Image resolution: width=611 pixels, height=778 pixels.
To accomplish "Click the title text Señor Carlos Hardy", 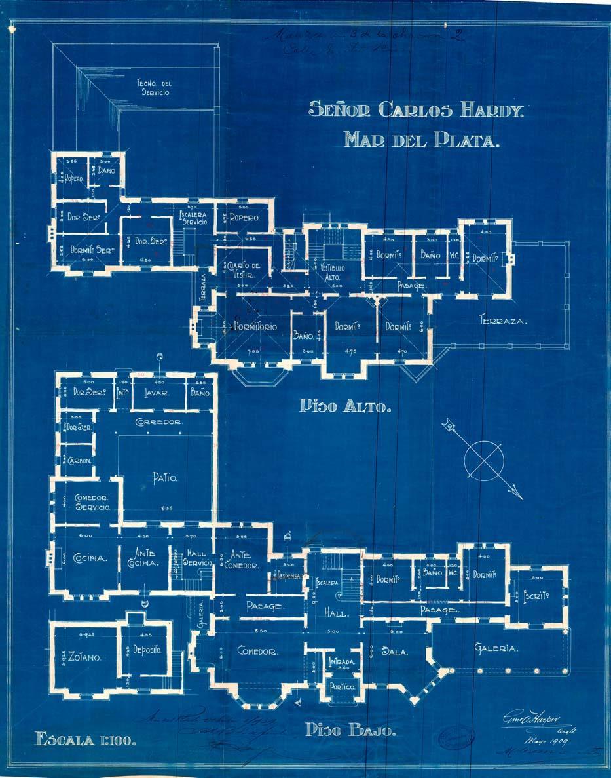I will click(x=417, y=110).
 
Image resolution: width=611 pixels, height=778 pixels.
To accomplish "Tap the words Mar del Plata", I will click(x=420, y=140).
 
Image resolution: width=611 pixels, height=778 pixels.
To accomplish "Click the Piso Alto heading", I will click(x=345, y=406).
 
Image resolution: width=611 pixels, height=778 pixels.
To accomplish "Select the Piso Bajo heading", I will click(x=350, y=729).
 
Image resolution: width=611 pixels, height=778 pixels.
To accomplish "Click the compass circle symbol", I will click(x=485, y=457).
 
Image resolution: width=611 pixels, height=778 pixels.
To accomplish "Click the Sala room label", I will click(x=395, y=652).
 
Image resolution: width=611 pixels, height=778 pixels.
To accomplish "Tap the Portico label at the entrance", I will click(x=342, y=687).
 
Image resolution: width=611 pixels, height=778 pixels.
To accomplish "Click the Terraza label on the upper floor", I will click(x=503, y=321).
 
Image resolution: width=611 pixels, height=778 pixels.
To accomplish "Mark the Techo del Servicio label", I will click(x=154, y=88).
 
